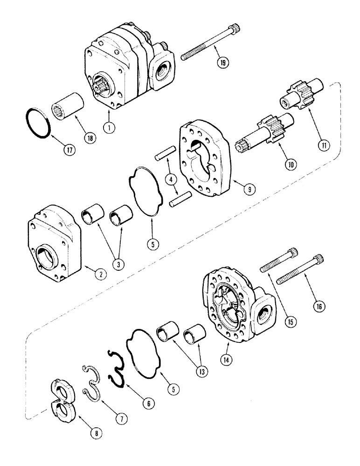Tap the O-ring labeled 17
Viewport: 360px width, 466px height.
tap(37, 123)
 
